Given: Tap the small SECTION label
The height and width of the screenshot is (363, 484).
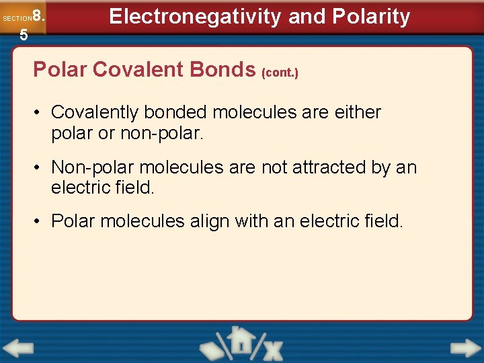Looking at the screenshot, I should (x=17, y=19).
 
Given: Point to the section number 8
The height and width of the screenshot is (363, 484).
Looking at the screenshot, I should (x=38, y=15).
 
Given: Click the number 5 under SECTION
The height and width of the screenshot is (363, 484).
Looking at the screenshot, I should (x=24, y=36).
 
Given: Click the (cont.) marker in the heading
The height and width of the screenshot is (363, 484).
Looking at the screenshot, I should (x=280, y=72).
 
